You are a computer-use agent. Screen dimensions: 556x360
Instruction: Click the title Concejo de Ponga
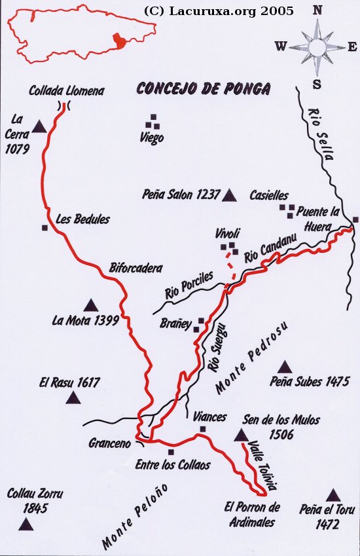pos(202,89)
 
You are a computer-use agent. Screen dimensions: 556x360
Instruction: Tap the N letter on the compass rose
pos(317,10)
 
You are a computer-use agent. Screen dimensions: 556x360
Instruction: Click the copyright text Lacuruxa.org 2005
pos(218,11)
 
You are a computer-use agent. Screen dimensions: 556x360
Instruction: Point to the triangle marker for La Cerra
pos(39,126)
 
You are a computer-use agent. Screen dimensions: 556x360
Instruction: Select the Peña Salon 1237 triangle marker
pos(228,195)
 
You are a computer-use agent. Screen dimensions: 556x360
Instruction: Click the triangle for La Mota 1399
pos(90,305)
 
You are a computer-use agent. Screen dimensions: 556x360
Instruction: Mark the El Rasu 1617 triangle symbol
pos(73,397)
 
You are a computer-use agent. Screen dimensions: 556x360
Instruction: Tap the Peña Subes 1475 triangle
pos(285,367)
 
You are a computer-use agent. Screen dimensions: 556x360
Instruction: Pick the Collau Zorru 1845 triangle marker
pos(26,523)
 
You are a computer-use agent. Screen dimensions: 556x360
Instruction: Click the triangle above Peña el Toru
pos(333,495)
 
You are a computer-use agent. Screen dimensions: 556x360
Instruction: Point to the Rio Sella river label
pos(321,134)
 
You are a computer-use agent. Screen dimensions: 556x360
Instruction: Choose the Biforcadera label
pos(135,268)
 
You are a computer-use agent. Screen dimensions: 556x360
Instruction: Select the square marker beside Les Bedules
pos(45,228)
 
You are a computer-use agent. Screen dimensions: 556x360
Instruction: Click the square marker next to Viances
pos(203,430)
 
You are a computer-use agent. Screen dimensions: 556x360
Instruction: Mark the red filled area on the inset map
pos(118,41)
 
